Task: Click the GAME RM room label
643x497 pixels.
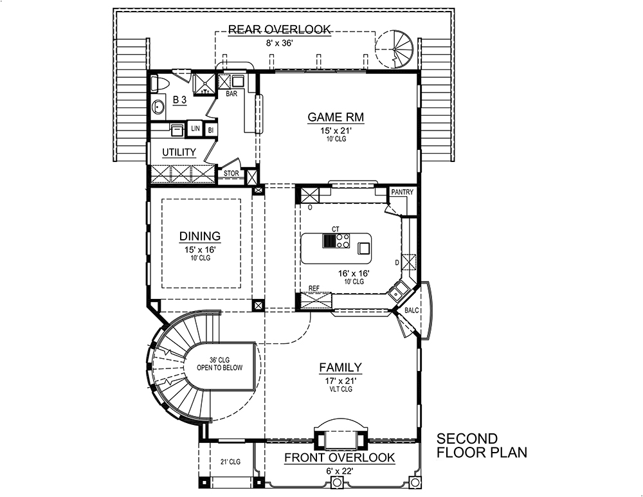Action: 336,117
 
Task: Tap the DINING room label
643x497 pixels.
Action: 200,236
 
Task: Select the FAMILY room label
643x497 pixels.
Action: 340,367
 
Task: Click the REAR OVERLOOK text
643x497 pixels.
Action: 280,29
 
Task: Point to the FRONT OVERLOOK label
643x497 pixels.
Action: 340,458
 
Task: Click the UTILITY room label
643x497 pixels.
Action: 179,152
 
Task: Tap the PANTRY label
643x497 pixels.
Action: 402,192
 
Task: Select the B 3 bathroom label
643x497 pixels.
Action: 179,100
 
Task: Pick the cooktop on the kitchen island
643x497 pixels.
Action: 335,241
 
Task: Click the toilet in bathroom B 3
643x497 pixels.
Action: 161,83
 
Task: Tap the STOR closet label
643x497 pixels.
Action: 231,174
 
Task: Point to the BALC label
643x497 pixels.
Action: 412,311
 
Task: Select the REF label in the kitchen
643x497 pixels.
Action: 314,289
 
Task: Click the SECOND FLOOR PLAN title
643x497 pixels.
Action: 481,446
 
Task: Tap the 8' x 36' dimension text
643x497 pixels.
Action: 280,42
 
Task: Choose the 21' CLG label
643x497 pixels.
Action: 230,462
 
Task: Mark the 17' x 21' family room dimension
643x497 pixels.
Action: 340,381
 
